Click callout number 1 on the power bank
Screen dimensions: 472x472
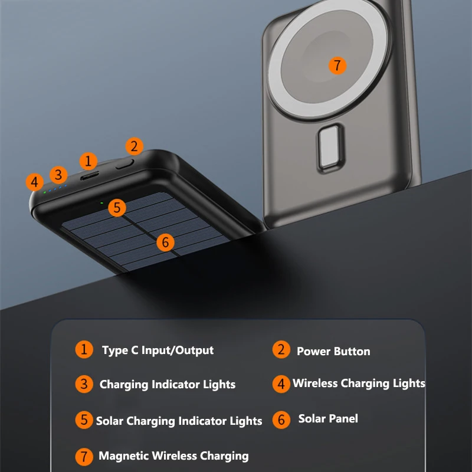tap(88, 160)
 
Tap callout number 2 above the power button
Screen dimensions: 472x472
tap(134, 146)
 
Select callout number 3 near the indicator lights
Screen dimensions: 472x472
tap(58, 175)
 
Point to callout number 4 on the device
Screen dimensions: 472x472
tap(35, 182)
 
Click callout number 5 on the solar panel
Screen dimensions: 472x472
tap(117, 207)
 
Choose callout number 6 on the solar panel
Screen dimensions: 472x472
tap(165, 241)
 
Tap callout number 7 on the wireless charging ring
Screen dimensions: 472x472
tap(337, 65)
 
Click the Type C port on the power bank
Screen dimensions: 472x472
tap(90, 175)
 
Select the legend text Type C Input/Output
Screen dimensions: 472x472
tap(158, 350)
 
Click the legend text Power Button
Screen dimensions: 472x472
tap(333, 352)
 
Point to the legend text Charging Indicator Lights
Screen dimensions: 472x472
tap(168, 385)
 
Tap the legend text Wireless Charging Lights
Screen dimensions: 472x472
tap(359, 383)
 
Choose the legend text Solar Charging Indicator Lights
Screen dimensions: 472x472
tap(179, 421)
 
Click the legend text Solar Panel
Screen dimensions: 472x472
tap(328, 419)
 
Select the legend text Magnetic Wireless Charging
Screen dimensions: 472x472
tap(173, 456)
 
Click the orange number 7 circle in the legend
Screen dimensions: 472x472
tap(84, 456)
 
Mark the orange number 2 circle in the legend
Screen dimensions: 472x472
tap(281, 349)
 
